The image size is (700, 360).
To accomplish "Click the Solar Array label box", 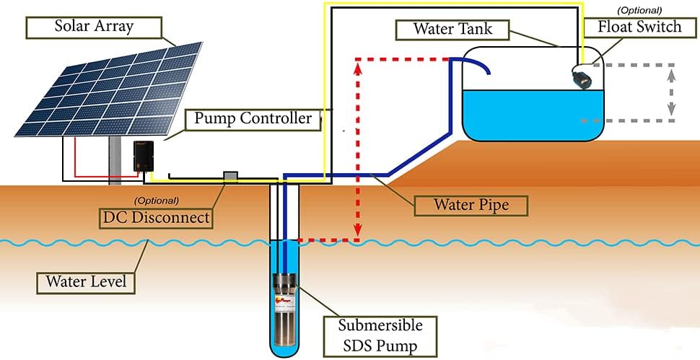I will (x=94, y=28).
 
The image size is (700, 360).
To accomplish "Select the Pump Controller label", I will (x=252, y=118).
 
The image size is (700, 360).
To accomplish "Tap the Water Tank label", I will (x=454, y=30).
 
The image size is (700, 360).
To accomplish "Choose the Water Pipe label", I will (x=471, y=205).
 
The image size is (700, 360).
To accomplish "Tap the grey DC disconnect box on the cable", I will (x=230, y=175).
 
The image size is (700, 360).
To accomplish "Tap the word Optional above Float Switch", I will (x=639, y=10).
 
